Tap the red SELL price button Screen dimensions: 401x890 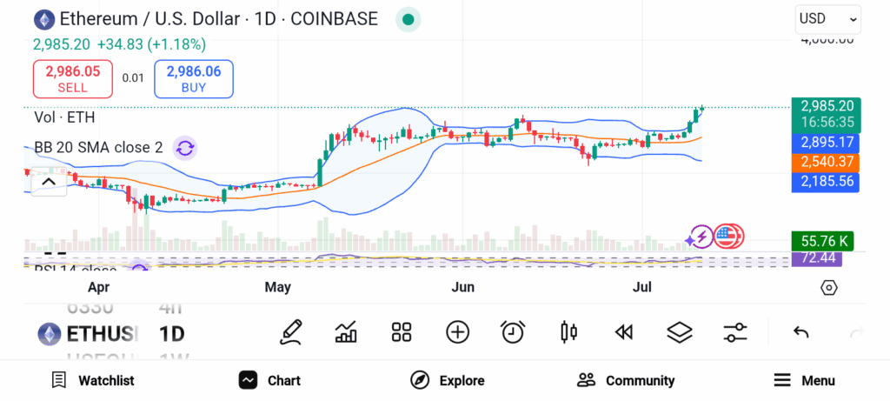[x=73, y=79]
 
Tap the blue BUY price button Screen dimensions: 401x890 [x=193, y=79]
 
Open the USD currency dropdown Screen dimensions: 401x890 [x=827, y=18]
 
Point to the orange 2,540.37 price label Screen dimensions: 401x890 [x=825, y=162]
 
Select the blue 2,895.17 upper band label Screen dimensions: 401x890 [x=825, y=142]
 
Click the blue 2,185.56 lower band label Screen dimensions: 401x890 [x=825, y=182]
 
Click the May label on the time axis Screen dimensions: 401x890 [x=277, y=287]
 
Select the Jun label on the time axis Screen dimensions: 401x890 [x=462, y=287]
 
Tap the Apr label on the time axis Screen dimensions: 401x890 [x=98, y=287]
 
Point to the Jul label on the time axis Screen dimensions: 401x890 [x=641, y=287]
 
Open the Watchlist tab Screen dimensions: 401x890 [x=93, y=380]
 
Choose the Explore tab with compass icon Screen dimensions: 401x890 [x=448, y=380]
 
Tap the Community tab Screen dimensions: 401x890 [x=626, y=380]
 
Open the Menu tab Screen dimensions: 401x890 [x=804, y=380]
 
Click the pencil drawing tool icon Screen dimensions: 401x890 [x=291, y=331]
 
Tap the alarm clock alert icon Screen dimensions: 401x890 [x=513, y=331]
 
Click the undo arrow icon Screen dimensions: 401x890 [x=801, y=331]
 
